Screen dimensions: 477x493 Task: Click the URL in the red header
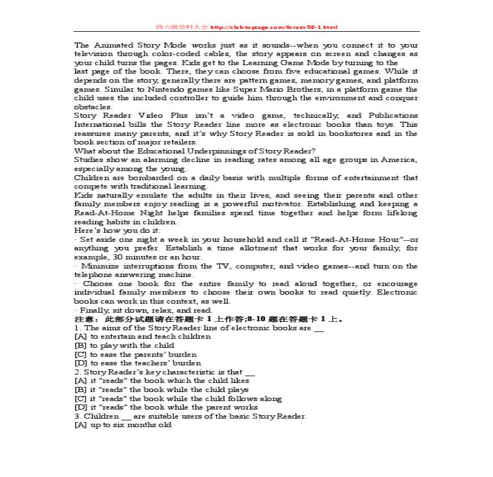coord(274,27)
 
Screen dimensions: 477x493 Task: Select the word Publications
coord(393,116)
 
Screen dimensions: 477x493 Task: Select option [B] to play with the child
coord(124,346)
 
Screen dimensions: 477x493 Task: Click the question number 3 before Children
coord(77,416)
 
